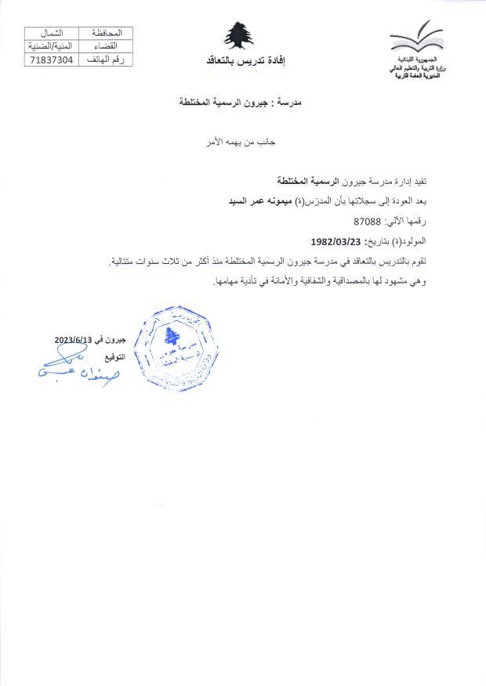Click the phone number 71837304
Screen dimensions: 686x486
[x=52, y=60]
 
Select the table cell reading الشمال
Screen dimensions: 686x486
[x=52, y=33]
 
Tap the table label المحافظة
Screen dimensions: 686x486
[x=106, y=33]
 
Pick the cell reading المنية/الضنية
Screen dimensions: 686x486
[x=52, y=46]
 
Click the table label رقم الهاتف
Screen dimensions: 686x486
[x=106, y=60]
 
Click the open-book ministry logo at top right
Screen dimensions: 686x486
[x=416, y=39]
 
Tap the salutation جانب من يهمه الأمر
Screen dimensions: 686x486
[x=243, y=143]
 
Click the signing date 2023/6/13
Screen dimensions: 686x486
[x=74, y=340]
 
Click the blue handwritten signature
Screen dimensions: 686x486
[x=74, y=368]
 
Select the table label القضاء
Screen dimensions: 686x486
[x=106, y=46]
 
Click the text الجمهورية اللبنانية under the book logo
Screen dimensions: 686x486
[x=412, y=60]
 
